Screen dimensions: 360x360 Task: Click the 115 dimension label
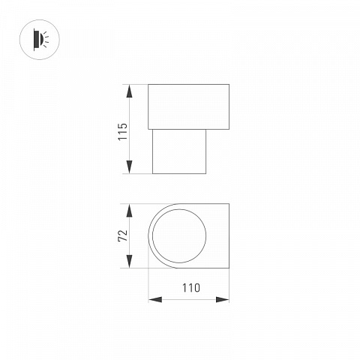tap(123, 131)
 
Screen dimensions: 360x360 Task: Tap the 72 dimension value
tap(123, 235)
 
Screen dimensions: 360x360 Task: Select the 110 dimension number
tap(191, 288)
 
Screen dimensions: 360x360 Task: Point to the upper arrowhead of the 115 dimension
tap(129, 91)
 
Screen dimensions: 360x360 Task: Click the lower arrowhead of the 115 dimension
tap(129, 166)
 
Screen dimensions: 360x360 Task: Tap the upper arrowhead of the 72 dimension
tap(129, 211)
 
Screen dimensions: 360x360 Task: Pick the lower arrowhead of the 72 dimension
tap(129, 262)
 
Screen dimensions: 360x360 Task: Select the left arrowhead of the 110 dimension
tap(155, 299)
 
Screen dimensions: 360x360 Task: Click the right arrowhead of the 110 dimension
tap(223, 299)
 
